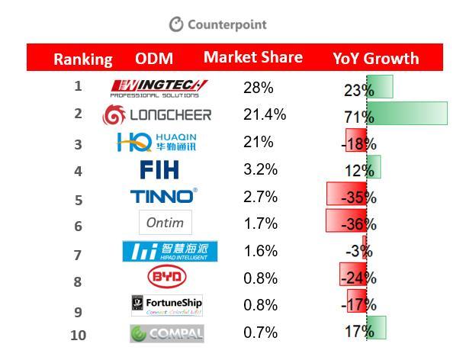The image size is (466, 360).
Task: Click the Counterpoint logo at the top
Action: click(218, 24)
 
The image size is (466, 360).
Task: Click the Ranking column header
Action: click(83, 59)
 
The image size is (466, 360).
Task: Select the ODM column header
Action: click(154, 59)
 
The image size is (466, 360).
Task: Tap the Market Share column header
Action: click(252, 57)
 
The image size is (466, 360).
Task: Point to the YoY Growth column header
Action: click(375, 58)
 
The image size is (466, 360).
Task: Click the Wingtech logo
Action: click(159, 88)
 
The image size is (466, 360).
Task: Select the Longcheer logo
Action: click(157, 115)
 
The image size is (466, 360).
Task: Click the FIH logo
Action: click(160, 169)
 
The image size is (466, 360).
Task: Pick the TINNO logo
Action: click(163, 196)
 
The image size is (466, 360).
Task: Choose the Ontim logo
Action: click(166, 223)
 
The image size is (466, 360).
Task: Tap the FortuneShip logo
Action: click(167, 305)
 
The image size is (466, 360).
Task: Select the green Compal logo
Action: click(166, 333)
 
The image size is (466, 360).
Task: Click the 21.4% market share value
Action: click(265, 114)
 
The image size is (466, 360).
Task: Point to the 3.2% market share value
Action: click(260, 169)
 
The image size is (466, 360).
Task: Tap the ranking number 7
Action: click(78, 254)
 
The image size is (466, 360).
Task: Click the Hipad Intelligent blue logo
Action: click(169, 251)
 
